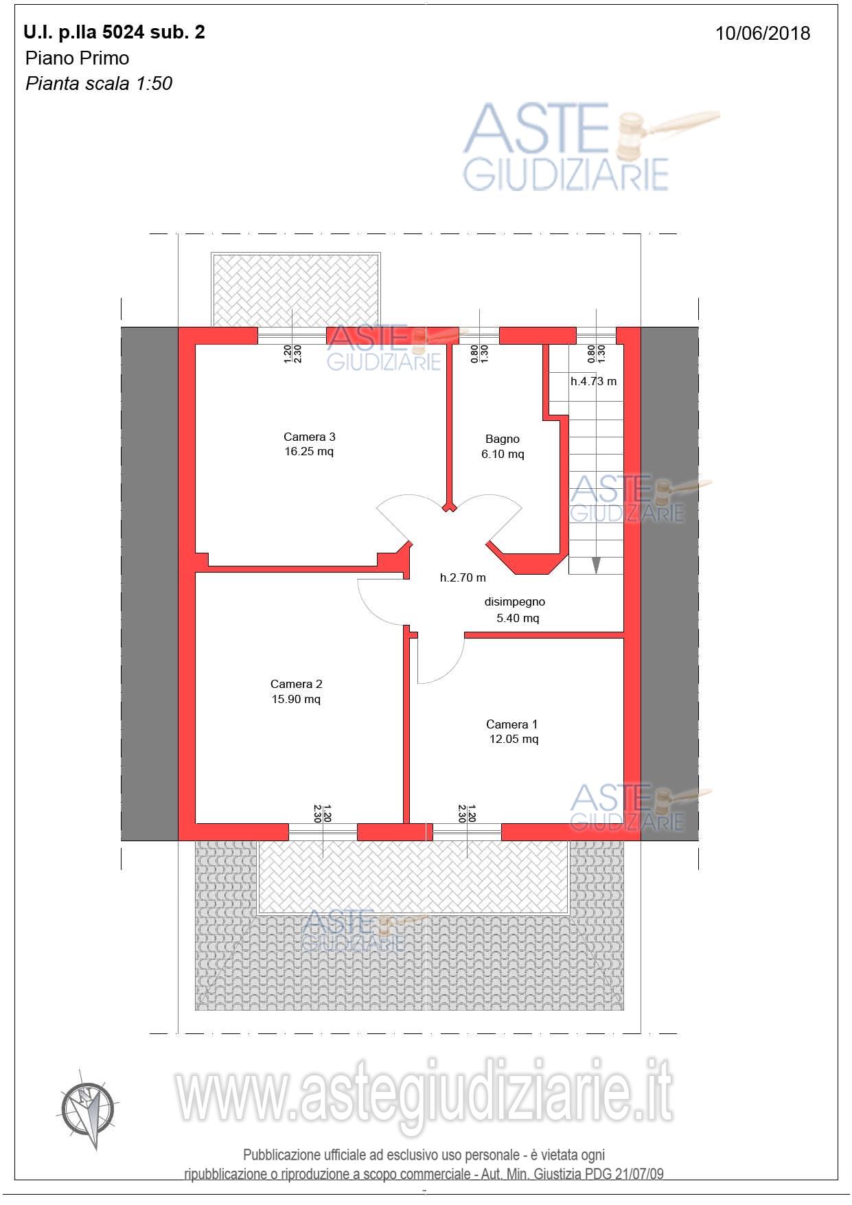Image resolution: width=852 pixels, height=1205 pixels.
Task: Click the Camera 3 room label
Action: (309, 437)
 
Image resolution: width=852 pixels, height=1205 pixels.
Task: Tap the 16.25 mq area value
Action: (309, 452)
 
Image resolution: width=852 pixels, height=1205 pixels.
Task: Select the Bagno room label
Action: (503, 439)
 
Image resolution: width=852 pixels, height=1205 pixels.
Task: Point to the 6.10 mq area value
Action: (503, 454)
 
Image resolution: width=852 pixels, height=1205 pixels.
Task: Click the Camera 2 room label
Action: (296, 684)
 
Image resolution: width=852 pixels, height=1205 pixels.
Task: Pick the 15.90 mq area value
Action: (296, 699)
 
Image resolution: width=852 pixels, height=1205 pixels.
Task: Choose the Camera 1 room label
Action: (512, 724)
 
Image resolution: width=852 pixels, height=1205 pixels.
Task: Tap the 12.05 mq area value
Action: (514, 739)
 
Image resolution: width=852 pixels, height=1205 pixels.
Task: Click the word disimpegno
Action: (515, 601)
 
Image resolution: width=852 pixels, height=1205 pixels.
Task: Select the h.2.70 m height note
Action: (463, 578)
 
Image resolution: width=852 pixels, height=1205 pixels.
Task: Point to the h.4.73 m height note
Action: (594, 381)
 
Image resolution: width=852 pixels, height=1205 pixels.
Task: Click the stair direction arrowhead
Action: (596, 565)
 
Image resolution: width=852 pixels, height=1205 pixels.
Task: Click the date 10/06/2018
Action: (763, 34)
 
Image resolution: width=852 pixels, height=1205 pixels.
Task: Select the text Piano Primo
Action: (77, 58)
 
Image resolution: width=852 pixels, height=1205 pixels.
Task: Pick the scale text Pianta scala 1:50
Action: (99, 84)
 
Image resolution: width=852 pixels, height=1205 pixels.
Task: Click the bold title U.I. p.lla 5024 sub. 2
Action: (114, 32)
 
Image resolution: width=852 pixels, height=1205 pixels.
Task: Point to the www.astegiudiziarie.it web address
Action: (424, 1093)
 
